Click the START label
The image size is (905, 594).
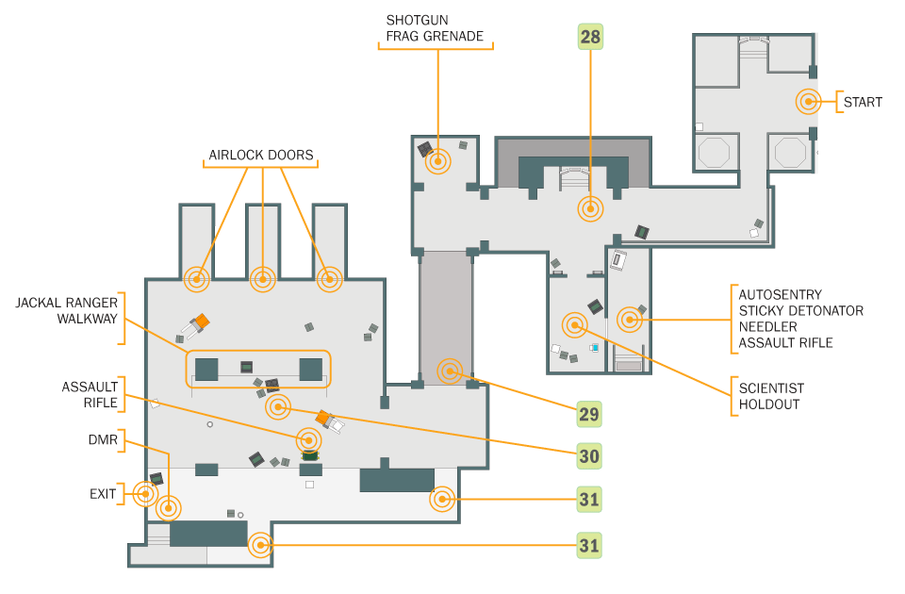(x=863, y=102)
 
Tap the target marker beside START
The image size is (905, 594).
(x=809, y=102)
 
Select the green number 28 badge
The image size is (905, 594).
(x=590, y=37)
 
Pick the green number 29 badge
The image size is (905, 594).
(x=588, y=414)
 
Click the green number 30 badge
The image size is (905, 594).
(x=588, y=456)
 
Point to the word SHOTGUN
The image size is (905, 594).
(x=417, y=20)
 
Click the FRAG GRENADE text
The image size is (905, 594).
(x=435, y=37)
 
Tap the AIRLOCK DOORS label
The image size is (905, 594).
(x=261, y=155)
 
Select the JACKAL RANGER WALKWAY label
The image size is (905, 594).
(x=66, y=310)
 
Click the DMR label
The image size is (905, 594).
(x=103, y=440)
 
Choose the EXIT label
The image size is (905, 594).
(x=103, y=494)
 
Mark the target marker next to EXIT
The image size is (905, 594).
(x=145, y=494)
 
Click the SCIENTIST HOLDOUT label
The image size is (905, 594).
(x=771, y=396)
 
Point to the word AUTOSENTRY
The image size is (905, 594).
(x=781, y=294)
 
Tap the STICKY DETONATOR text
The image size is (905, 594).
(x=801, y=310)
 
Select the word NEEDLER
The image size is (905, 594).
(x=767, y=327)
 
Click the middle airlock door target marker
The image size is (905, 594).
(x=263, y=280)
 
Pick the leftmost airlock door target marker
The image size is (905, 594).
(x=196, y=280)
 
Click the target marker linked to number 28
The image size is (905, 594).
(x=590, y=209)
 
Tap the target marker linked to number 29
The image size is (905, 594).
(x=451, y=371)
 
